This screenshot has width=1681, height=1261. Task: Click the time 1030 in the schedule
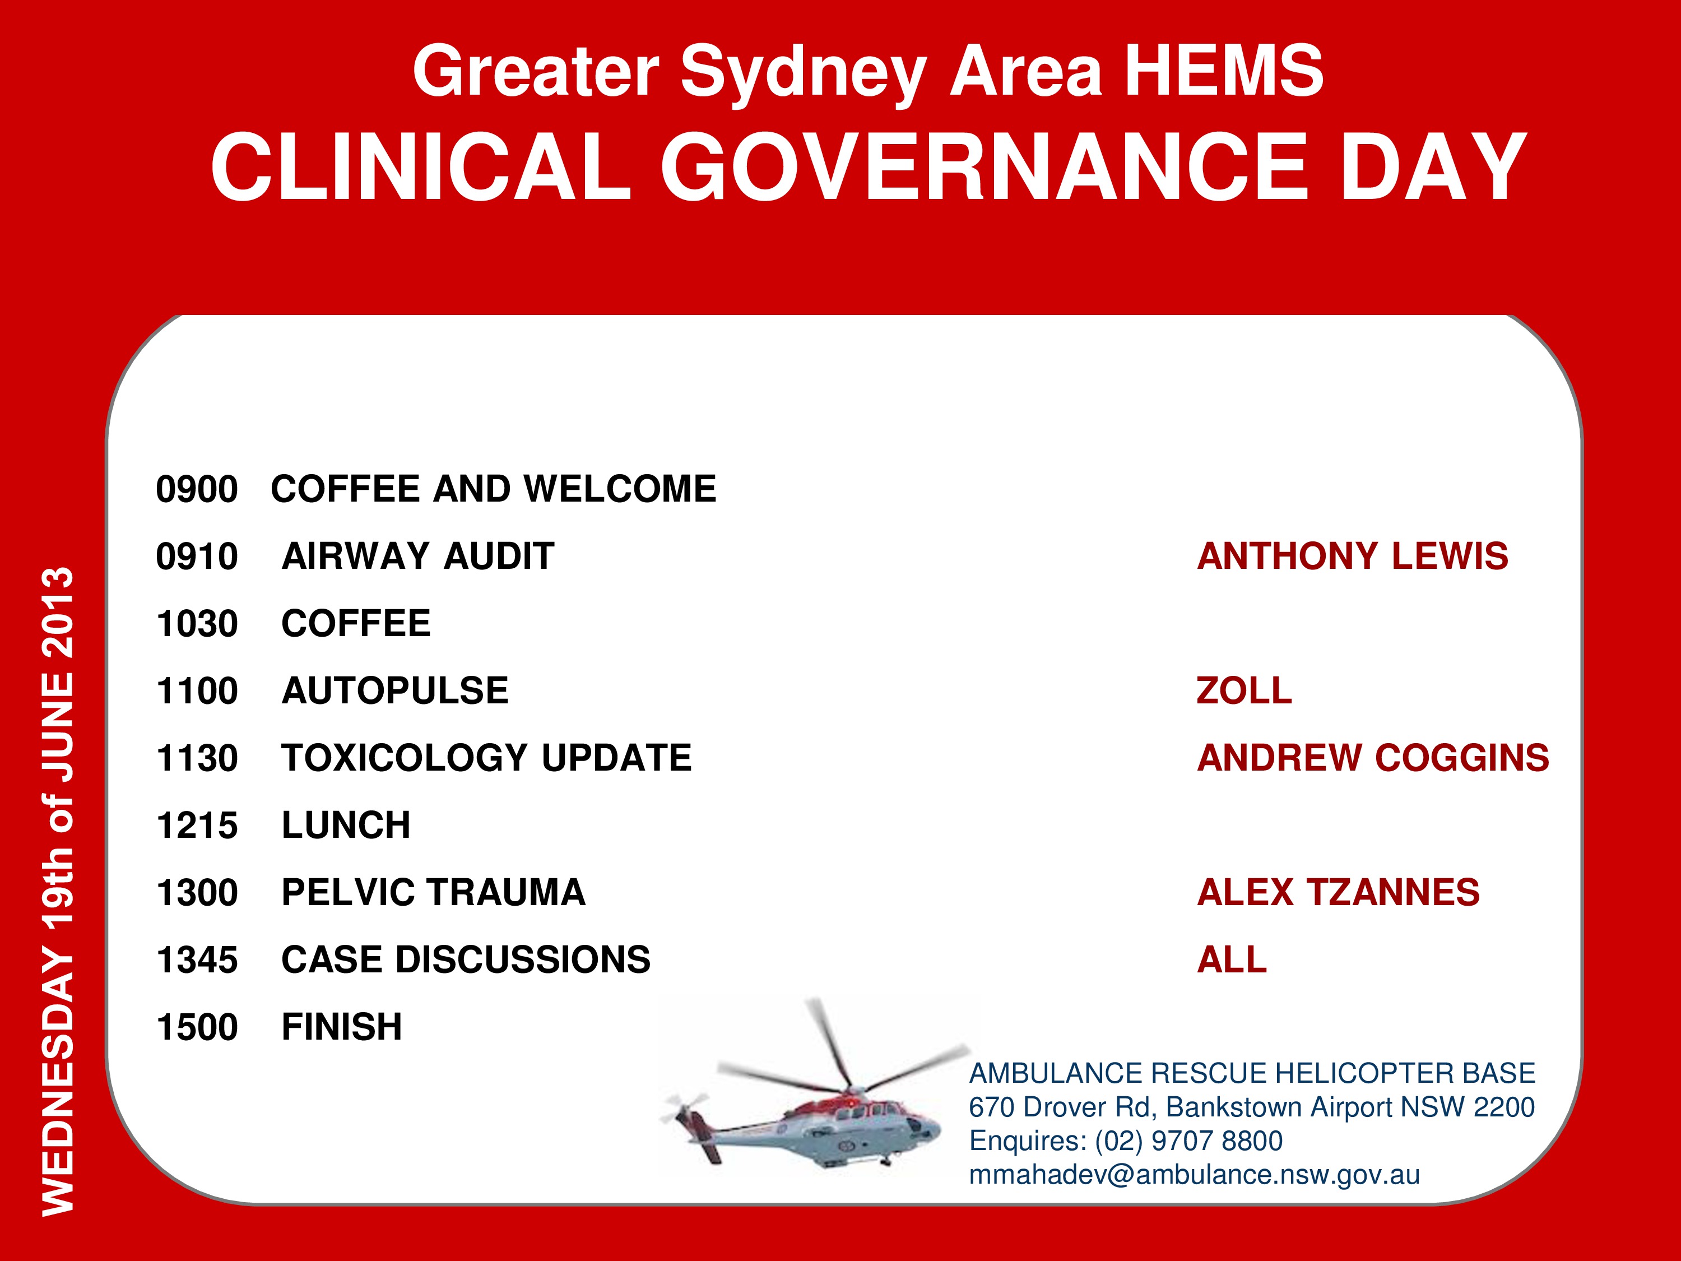[x=197, y=624]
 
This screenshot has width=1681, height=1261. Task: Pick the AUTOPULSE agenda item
[x=395, y=691]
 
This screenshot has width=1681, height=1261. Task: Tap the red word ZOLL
[x=1244, y=691]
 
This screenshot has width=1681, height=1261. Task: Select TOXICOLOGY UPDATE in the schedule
[x=487, y=758]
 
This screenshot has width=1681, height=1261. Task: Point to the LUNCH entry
[x=346, y=826]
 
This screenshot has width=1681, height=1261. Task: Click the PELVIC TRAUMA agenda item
[x=434, y=892]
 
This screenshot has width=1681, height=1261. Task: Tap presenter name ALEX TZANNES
[x=1338, y=892]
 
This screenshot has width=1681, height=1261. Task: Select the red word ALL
[x=1232, y=960]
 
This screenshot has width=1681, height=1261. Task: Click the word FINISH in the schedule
[x=342, y=1027]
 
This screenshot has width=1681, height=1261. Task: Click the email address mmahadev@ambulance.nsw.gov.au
[x=1195, y=1175]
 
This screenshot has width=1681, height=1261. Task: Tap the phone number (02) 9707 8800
[x=1190, y=1141]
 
